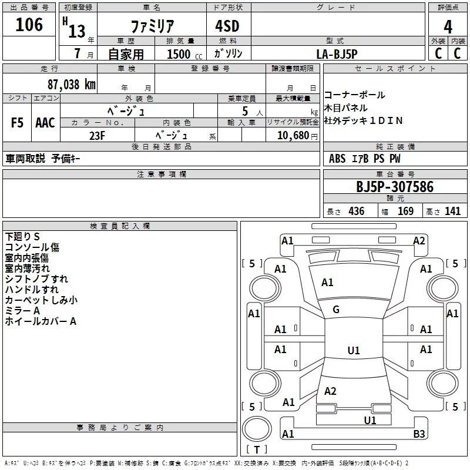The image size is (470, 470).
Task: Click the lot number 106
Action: [29, 25]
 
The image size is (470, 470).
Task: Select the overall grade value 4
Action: [448, 26]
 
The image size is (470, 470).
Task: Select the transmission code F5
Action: [18, 123]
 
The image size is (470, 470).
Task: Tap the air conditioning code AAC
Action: [45, 123]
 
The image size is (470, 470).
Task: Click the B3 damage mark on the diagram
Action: [419, 434]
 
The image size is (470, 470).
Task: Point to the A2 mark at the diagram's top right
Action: [419, 240]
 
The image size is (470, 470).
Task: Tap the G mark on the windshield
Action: [336, 310]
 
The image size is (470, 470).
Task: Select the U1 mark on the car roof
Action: [353, 351]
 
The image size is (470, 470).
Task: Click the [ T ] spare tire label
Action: [256, 450]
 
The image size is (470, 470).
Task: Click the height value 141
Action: [452, 211]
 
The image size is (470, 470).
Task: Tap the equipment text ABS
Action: [337, 159]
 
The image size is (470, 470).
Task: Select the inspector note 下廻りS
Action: [22, 236]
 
